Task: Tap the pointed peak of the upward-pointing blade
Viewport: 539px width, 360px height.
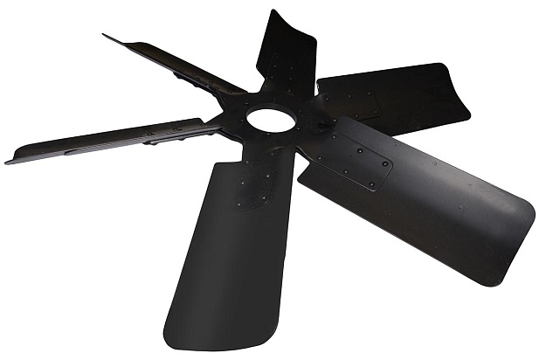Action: tap(275, 12)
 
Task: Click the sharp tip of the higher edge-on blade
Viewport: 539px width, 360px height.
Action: tap(106, 37)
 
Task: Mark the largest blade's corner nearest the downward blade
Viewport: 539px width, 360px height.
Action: tap(302, 180)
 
